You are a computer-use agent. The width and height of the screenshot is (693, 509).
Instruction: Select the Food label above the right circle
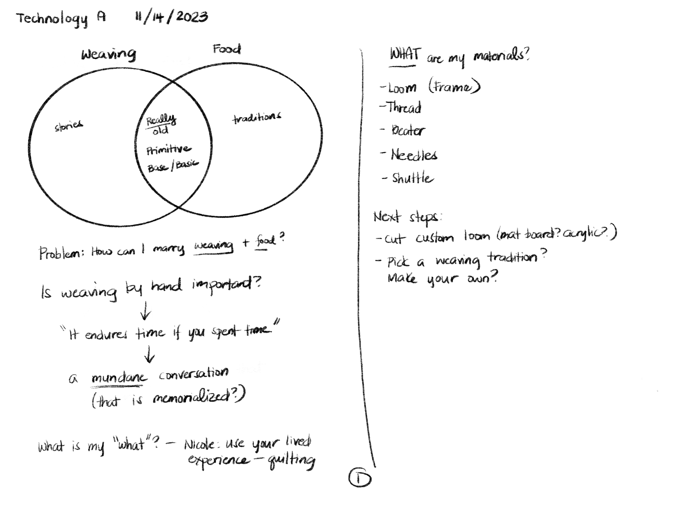point(227,49)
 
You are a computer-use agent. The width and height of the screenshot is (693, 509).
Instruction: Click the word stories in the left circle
point(69,126)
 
